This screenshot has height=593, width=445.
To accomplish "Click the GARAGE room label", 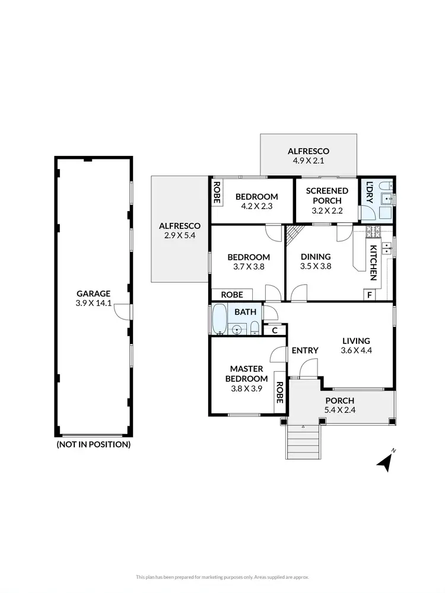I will click(x=93, y=293).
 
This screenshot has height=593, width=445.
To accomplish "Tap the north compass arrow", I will click(x=386, y=461).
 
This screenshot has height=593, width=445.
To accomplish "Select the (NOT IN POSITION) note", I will click(x=93, y=444).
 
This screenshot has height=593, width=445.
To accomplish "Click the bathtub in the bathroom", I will click(x=218, y=320).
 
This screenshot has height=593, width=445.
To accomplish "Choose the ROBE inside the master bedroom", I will click(x=278, y=392).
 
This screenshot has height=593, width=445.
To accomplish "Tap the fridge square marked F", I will click(x=370, y=295).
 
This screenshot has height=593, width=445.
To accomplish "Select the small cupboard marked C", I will click(x=275, y=331).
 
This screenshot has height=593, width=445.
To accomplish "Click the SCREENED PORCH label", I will click(x=327, y=196).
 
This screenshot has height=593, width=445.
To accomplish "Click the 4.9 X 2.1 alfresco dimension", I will click(x=308, y=161).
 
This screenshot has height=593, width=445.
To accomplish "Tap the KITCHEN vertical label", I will click(x=374, y=262).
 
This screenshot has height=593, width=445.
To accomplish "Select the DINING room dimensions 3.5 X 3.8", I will click(x=316, y=266).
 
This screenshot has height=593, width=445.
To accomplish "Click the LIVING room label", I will click(x=356, y=341).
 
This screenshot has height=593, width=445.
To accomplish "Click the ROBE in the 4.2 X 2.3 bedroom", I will click(x=217, y=192).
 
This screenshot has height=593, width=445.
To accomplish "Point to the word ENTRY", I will click(x=305, y=350).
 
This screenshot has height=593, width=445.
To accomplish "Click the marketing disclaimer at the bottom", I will click(x=223, y=576).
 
